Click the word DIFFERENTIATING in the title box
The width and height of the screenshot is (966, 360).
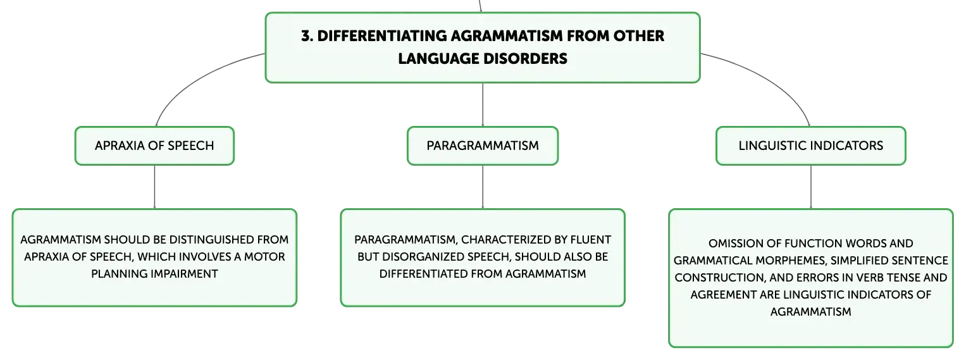(x=381, y=36)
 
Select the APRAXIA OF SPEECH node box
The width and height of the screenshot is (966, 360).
(x=154, y=146)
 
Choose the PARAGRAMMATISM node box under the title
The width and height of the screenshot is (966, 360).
(x=483, y=146)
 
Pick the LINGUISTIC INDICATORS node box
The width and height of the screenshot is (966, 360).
(x=811, y=146)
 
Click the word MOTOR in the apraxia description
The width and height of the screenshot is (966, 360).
(x=264, y=257)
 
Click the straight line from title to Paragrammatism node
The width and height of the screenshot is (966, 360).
(x=483, y=104)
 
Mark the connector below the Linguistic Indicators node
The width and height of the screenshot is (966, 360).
(x=811, y=187)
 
